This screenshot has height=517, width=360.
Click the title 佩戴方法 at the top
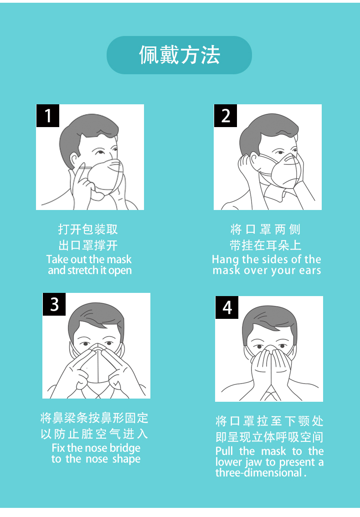point(179,55)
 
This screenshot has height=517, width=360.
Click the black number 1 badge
point(48,116)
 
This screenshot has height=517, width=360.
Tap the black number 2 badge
point(226,116)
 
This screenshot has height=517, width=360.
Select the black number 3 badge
point(54,304)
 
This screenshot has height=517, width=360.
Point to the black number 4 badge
point(227,307)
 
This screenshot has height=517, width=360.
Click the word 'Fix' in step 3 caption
point(58,448)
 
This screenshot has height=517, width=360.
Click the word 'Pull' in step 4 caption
point(224,451)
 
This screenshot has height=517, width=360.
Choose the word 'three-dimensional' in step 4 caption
point(259,473)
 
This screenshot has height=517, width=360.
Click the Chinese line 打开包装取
point(88,229)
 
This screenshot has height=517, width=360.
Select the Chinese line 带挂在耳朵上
point(265,246)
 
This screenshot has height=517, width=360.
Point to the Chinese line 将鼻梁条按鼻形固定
point(94,418)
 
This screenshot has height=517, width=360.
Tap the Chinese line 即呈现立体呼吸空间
point(269,437)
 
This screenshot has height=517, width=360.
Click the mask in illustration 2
point(285,171)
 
